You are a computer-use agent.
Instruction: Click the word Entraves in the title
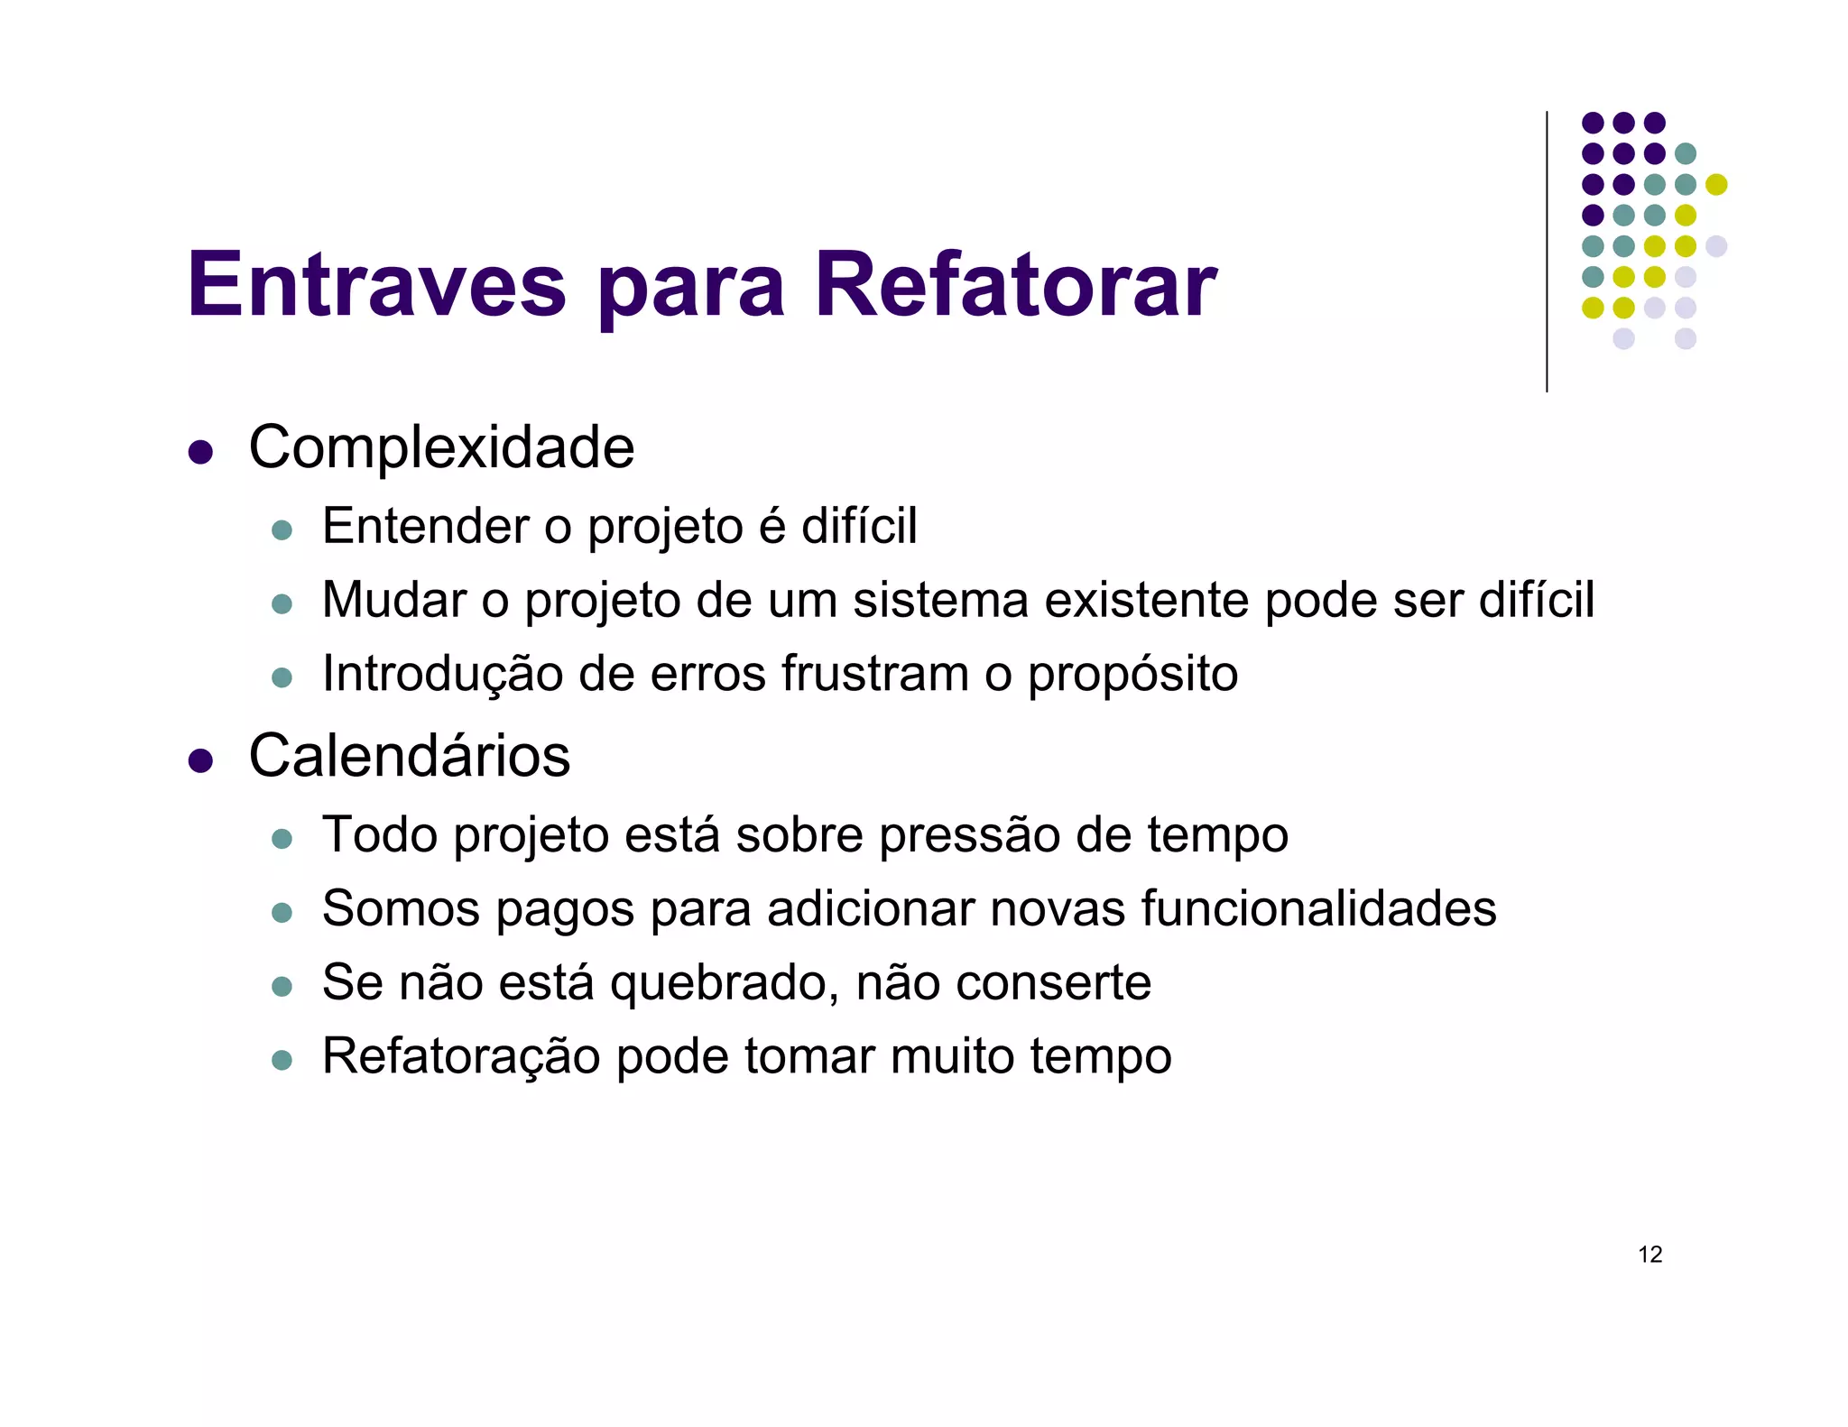[376, 285]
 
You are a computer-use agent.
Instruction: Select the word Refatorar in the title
[1015, 285]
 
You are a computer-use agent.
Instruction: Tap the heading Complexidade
[441, 447]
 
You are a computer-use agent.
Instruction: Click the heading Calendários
[409, 756]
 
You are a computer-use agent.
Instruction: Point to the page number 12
[1649, 1255]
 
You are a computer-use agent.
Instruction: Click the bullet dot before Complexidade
[200, 452]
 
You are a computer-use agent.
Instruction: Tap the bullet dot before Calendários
[200, 760]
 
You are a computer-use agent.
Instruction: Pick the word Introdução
[442, 675]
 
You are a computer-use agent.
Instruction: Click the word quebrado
[725, 983]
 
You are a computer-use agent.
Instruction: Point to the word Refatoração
[461, 1057]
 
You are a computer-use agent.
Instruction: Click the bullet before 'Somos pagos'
[282, 913]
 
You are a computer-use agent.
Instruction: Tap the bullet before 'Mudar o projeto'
[282, 604]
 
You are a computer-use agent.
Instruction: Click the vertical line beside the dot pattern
[1547, 253]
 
